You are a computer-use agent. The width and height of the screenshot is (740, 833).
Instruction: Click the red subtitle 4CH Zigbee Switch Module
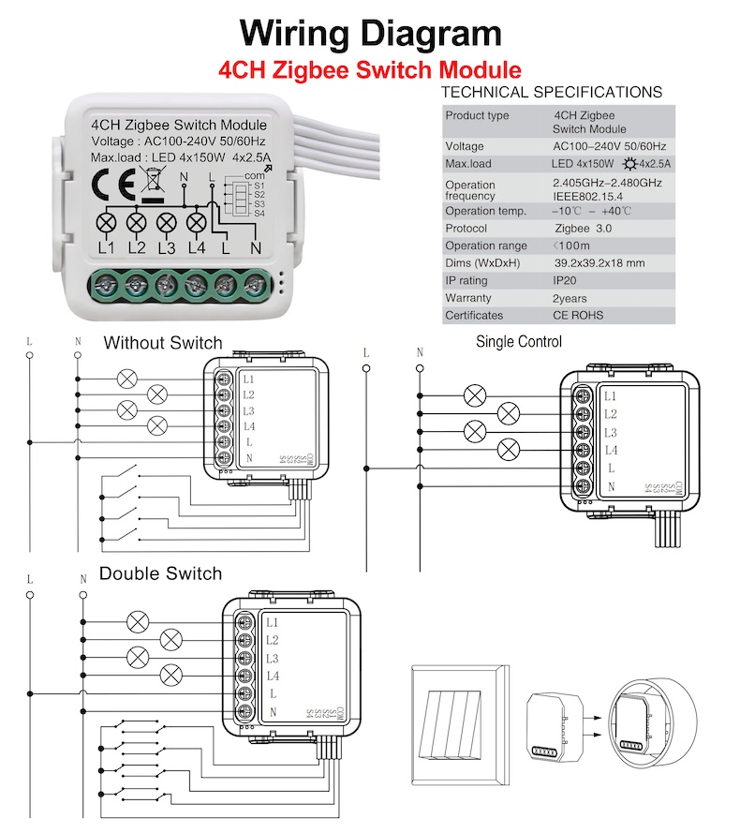(369, 69)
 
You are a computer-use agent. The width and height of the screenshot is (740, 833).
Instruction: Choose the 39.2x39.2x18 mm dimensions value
(599, 263)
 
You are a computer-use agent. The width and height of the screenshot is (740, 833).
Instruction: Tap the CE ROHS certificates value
(578, 316)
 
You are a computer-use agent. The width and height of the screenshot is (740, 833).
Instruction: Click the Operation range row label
(485, 245)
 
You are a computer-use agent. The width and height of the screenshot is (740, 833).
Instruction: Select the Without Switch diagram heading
(163, 343)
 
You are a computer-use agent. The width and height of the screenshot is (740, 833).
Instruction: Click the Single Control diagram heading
(519, 342)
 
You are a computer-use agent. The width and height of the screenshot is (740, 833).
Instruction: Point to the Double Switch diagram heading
(160, 573)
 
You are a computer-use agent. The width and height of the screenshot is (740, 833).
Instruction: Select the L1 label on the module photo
(106, 248)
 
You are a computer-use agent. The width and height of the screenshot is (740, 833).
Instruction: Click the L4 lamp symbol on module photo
(197, 223)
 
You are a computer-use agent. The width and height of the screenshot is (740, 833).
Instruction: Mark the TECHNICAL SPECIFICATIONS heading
(551, 92)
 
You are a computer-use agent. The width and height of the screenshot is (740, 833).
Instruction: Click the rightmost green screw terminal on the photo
(255, 285)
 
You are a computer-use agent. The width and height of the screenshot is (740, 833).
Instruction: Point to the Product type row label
(477, 115)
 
